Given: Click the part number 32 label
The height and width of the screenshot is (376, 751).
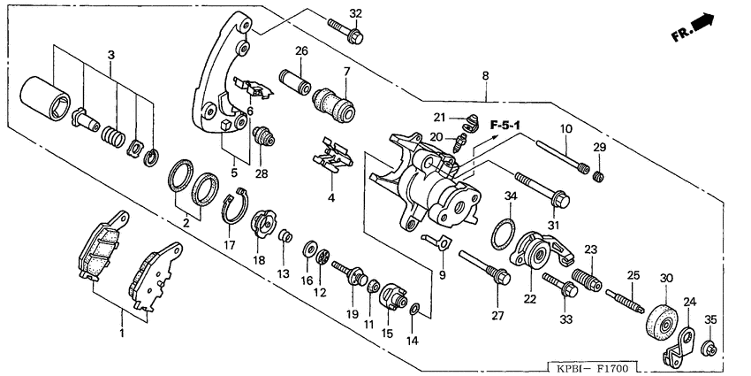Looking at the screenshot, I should (x=355, y=13).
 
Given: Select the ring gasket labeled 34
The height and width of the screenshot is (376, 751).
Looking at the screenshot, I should (x=499, y=232).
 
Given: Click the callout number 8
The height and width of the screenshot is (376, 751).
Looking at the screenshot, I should (x=485, y=77).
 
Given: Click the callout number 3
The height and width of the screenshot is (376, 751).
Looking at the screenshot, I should (x=110, y=56).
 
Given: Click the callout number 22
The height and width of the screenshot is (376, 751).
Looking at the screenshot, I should (x=529, y=299).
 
